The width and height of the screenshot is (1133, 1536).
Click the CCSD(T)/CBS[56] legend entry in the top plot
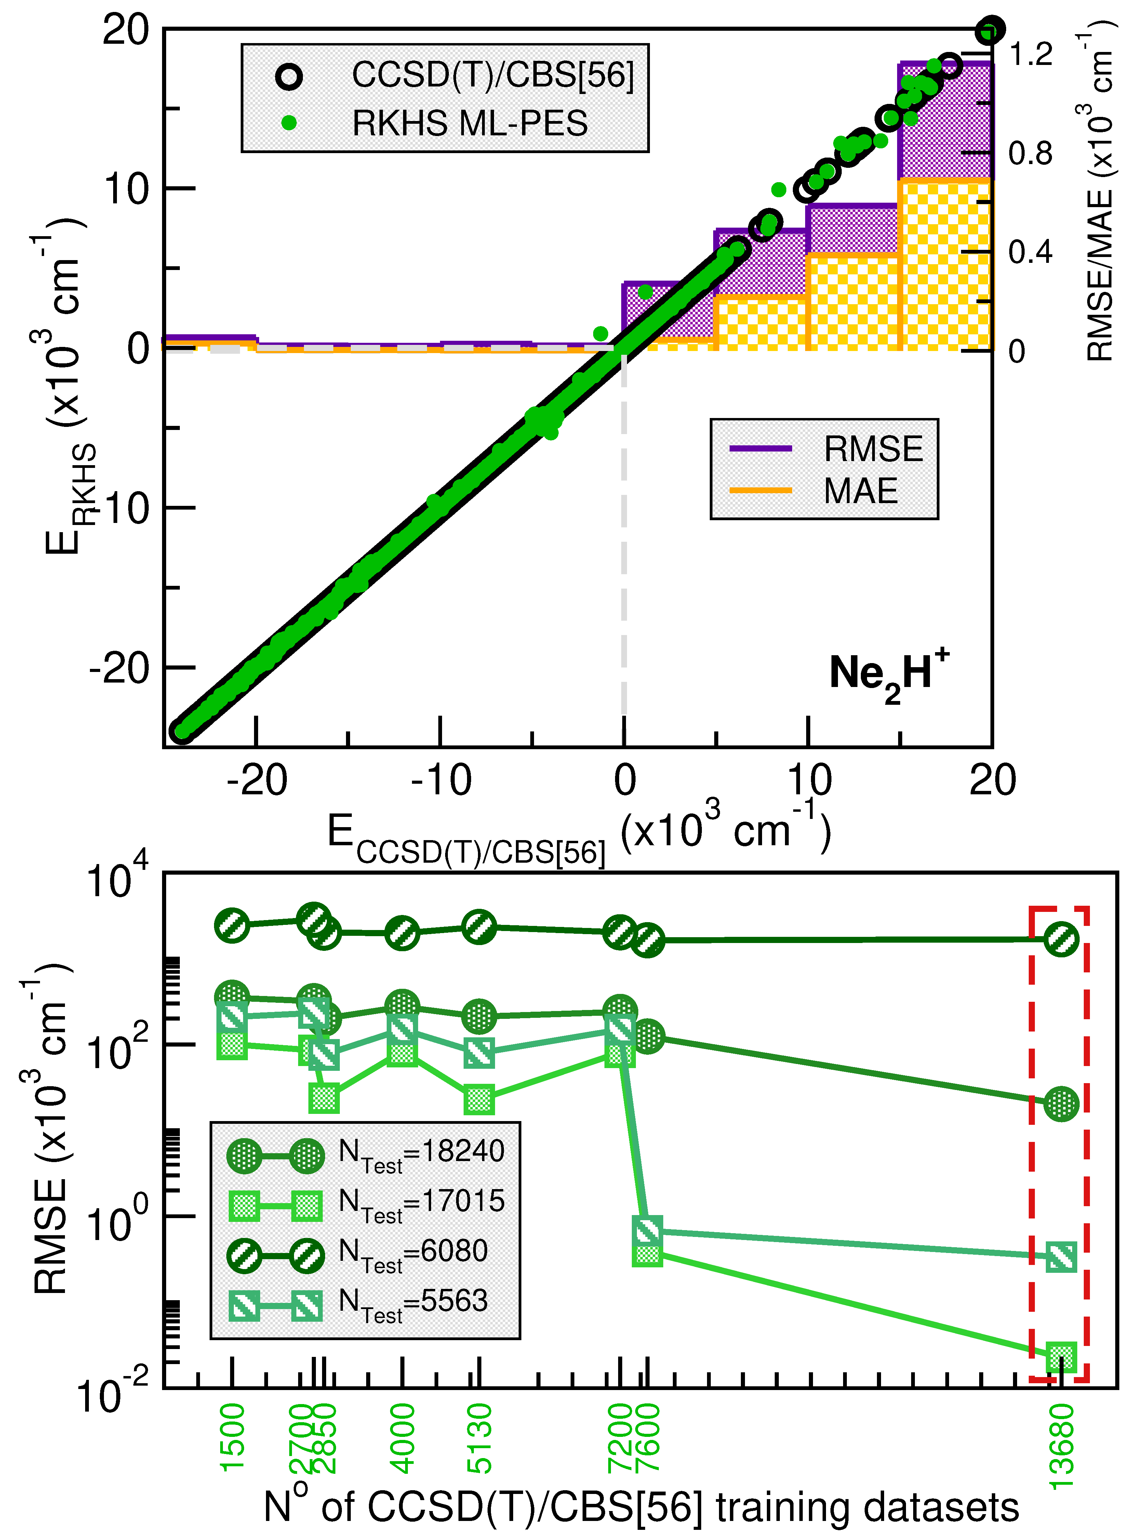(x=492, y=75)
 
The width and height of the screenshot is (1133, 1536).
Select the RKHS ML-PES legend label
(x=470, y=123)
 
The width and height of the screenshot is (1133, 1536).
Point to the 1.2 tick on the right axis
(x=1030, y=54)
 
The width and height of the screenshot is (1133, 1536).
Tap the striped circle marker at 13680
(x=1061, y=939)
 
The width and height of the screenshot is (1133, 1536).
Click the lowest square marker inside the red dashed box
(x=1061, y=1356)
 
